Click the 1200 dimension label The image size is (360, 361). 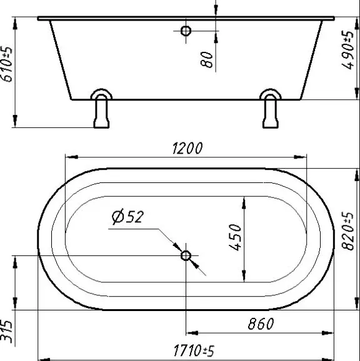187,148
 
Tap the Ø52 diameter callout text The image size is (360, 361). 127,217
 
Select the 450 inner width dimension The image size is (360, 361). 236,237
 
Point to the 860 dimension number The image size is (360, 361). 261,324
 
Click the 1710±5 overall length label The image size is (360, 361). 194,350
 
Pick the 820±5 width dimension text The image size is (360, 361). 347,231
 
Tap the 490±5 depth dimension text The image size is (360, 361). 347,50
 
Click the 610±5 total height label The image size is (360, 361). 7,64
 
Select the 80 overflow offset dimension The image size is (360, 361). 207,59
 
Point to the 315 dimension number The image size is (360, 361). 6,331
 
